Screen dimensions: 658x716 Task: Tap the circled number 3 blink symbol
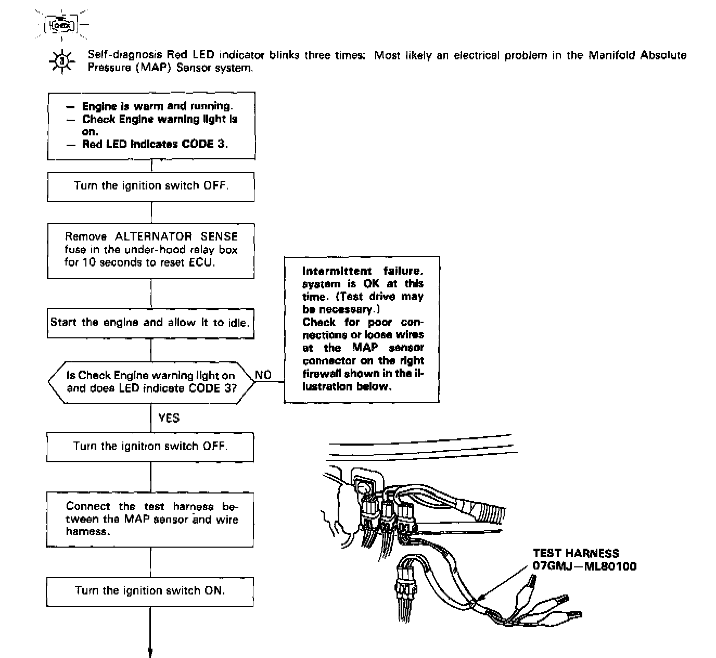[x=62, y=61]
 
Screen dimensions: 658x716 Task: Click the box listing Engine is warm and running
[x=151, y=125]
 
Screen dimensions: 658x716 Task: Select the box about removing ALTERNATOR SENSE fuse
[x=151, y=250]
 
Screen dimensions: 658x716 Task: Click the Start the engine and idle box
[x=150, y=322]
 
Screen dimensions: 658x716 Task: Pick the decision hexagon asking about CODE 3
[x=151, y=382]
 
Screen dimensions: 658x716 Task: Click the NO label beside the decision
[x=263, y=375]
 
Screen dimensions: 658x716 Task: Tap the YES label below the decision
[x=169, y=417]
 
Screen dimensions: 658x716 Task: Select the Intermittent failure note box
[x=362, y=328]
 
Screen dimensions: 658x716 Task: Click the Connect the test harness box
[x=150, y=519]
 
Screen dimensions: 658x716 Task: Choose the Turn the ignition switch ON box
[x=150, y=591]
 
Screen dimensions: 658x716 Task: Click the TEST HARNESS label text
[x=576, y=554]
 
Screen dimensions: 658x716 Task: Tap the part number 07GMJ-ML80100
[x=584, y=566]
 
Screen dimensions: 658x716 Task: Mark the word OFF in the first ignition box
[x=215, y=186]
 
